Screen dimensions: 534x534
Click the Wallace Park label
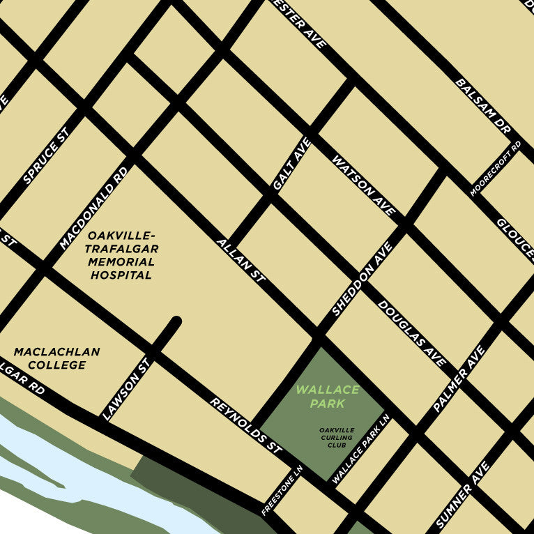pos(328,397)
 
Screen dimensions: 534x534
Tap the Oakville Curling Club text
pos(337,438)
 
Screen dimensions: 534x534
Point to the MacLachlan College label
pos(56,358)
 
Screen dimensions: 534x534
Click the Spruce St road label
pos(47,156)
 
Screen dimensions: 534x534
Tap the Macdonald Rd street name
pos(94,208)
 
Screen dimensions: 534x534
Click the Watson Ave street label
pos(363,185)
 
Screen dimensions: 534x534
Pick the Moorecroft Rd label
pos(496,168)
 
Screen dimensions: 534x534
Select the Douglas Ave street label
pos(411,333)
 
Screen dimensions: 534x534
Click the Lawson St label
pos(126,389)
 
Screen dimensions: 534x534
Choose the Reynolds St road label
pos(245,427)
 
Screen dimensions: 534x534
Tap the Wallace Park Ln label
pos(361,452)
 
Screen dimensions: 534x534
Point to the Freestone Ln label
pos(282,491)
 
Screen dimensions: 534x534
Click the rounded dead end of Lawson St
pos(176,322)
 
